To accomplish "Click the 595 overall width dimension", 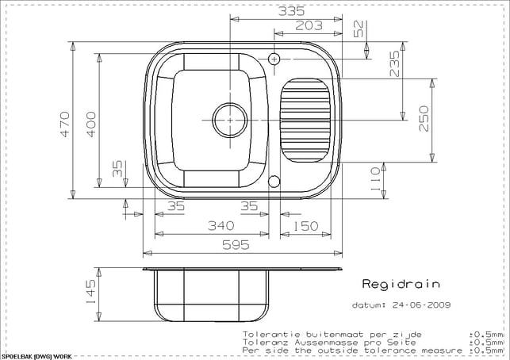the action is click(236, 245).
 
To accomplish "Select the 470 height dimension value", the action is click(65, 124).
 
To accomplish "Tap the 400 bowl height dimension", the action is click(91, 124).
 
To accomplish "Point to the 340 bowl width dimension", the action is click(220, 225).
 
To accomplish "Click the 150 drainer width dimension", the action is click(305, 226).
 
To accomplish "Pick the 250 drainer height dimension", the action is click(424, 118).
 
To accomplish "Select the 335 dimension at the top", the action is click(291, 11).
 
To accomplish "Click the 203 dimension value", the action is click(309, 25).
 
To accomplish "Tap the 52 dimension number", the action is click(358, 29).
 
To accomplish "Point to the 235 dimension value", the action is click(394, 63).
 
